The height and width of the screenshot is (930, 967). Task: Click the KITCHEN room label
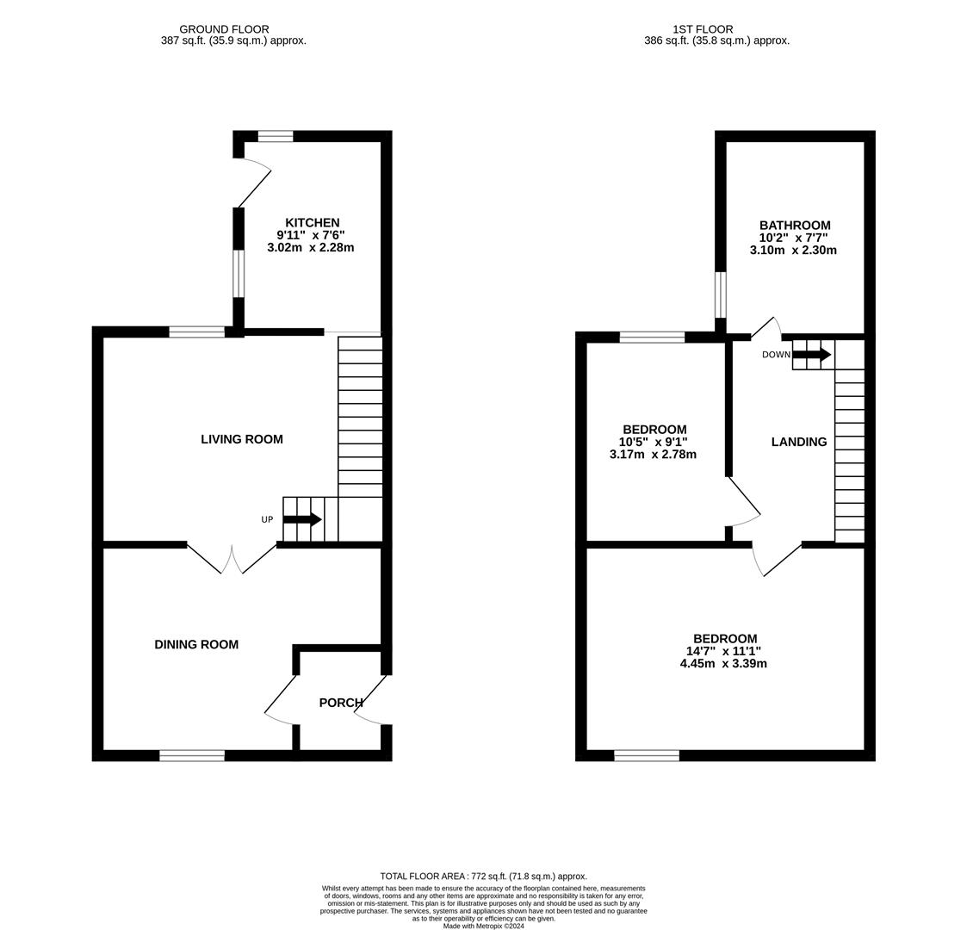coord(312,223)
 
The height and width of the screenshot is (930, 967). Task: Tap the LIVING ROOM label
coord(242,439)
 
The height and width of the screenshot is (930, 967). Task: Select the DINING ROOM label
coord(196,644)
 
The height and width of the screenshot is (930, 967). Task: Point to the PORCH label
coord(341,703)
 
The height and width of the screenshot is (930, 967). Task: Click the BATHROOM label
coord(794,226)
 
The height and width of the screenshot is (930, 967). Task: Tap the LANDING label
coord(798,442)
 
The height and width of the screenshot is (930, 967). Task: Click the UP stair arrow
coord(302,519)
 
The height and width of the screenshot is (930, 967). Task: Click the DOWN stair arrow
coord(811,354)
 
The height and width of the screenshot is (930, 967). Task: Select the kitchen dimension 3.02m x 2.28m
coord(311,247)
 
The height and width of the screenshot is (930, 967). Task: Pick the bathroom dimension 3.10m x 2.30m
coord(793,251)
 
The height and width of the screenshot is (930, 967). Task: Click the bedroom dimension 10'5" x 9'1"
coord(654,442)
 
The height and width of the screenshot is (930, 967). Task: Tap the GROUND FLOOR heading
coord(224,29)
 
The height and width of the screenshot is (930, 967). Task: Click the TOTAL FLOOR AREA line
coord(483,877)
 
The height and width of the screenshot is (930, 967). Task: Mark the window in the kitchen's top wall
coord(276,136)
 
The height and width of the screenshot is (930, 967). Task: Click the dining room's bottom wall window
coord(192,755)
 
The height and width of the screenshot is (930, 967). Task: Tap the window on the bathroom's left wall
coord(721,294)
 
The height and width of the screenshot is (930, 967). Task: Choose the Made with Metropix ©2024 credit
coord(483,926)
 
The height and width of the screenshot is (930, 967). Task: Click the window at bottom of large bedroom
coord(647,755)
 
